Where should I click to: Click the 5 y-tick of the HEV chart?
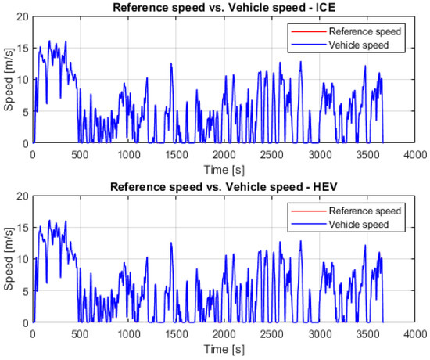[x=24, y=291]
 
